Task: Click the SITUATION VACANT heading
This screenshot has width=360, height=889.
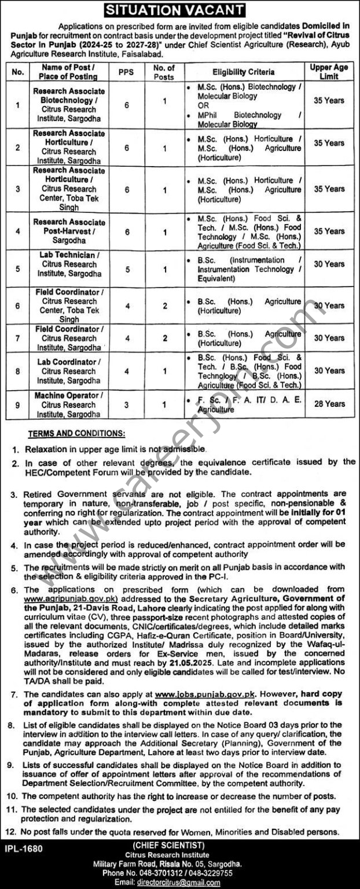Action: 179,10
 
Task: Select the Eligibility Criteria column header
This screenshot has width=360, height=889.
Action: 243,72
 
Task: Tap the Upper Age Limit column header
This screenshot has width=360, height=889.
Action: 329,72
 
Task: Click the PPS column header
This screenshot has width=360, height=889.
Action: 126,72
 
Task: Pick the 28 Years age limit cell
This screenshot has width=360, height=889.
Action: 329,403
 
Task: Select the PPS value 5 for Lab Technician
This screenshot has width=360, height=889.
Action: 126,264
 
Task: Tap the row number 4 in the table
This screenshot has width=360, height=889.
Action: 18,231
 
